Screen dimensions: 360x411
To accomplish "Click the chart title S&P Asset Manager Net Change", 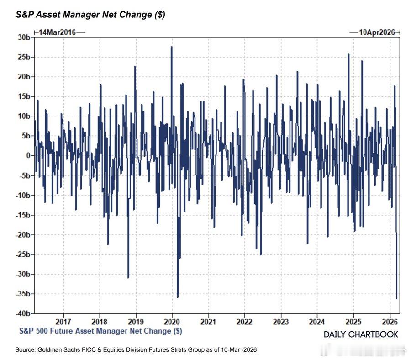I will click(90, 15).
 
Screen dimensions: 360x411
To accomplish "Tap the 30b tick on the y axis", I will click(24, 37).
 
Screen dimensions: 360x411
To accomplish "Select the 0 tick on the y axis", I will click(28, 156).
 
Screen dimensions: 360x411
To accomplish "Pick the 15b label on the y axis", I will click(24, 96).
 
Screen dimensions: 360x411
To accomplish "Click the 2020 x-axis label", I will click(172, 321).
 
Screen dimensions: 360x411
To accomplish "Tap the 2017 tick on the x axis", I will click(63, 321).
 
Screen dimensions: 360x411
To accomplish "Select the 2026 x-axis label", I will click(390, 321).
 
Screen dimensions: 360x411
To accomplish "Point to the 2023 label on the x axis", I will click(281, 321).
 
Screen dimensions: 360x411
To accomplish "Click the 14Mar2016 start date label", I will click(58, 32).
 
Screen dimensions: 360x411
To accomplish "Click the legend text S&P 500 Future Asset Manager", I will click(100, 330).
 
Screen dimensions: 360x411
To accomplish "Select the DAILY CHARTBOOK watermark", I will click(361, 334).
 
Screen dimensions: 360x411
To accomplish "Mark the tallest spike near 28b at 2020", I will click(172, 47).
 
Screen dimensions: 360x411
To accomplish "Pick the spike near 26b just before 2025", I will click(348, 54).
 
